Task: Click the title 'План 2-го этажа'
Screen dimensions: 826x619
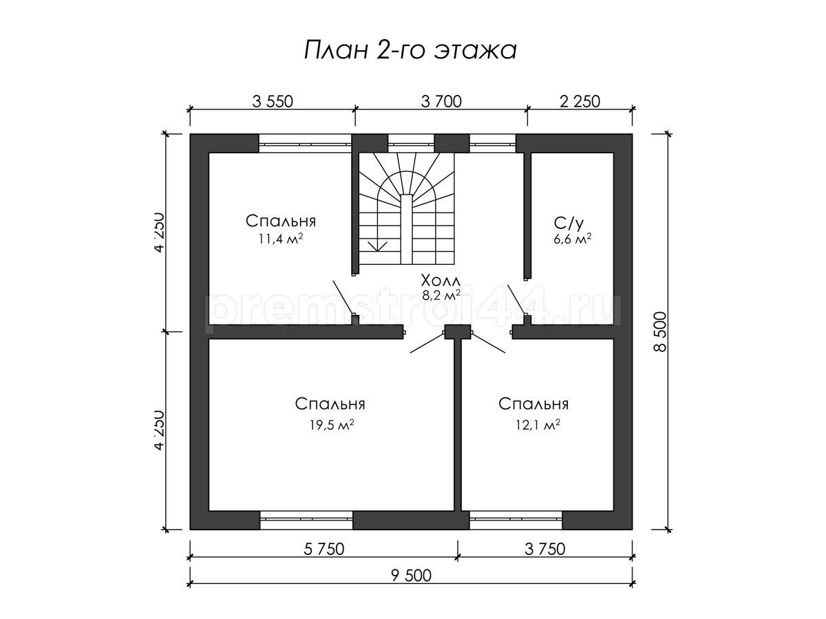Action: [x=410, y=50]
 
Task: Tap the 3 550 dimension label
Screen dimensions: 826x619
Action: [x=272, y=102]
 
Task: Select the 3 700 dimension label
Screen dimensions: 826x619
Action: [x=441, y=102]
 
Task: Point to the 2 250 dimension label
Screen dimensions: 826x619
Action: [x=580, y=102]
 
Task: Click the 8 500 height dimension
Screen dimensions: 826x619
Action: [x=660, y=332]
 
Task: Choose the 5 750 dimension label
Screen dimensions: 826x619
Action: [x=324, y=549]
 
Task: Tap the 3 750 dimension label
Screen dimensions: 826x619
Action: [x=545, y=549]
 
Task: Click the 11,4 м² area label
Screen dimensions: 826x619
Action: [x=281, y=239]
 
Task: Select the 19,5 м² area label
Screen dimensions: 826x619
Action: [x=332, y=424]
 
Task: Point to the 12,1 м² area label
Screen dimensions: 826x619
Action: [x=538, y=424]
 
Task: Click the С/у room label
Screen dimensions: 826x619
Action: [x=569, y=224]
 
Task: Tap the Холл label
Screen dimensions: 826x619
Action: [x=441, y=281]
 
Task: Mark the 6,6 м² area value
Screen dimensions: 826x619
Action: [x=573, y=239]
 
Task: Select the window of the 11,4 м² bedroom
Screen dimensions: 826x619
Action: [x=305, y=144]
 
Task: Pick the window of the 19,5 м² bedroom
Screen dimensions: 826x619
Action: [x=306, y=520]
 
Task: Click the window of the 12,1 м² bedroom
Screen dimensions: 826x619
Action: [x=516, y=520]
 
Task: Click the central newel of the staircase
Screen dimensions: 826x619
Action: [x=406, y=229]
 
